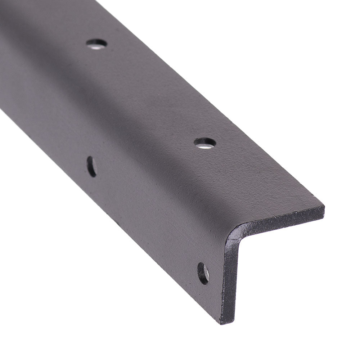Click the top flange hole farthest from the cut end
pos(96,44)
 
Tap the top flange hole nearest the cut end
pos(205,143)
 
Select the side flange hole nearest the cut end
pos(203,273)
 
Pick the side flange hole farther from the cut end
pos(91,166)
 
